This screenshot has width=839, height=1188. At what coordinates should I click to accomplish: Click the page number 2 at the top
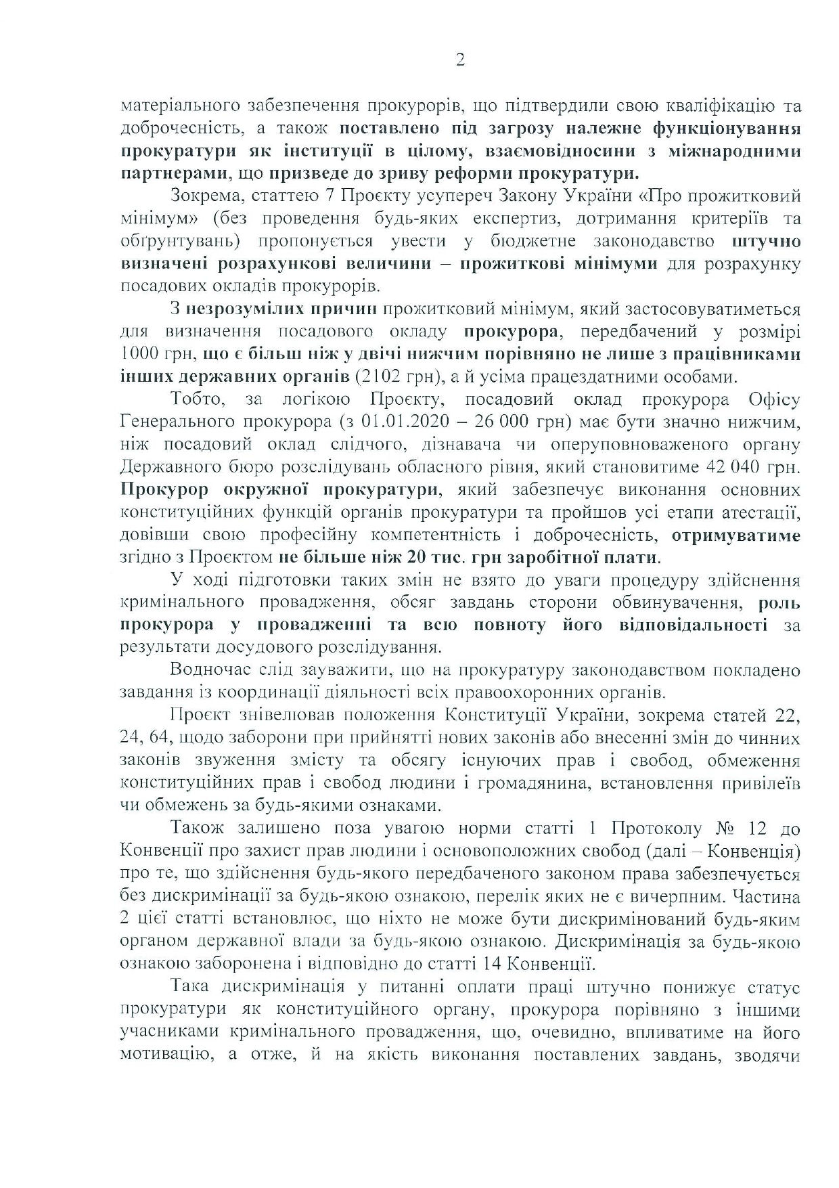pyautogui.click(x=460, y=61)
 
